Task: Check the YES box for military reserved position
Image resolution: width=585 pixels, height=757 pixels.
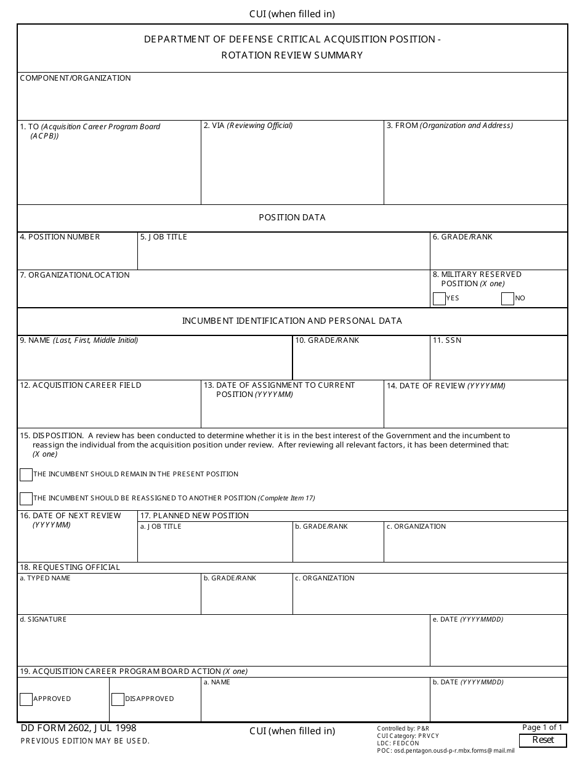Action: [x=439, y=299]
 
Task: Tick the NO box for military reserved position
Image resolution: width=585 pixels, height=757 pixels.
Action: [x=507, y=299]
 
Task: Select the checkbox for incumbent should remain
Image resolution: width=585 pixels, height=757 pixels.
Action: [x=26, y=475]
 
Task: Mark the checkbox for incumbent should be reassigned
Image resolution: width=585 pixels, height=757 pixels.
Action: [x=26, y=499]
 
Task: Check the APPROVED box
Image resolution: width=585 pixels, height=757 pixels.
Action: [x=26, y=699]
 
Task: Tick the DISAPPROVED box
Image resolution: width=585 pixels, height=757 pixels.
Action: [x=118, y=699]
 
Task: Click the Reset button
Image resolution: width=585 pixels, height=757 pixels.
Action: [x=543, y=740]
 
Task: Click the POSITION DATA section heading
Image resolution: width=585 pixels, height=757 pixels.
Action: [x=292, y=218]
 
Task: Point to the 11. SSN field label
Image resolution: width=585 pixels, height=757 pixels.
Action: [x=446, y=340]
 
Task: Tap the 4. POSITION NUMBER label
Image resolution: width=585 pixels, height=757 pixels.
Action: [x=60, y=237]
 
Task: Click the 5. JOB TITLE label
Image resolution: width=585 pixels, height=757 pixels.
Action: [x=163, y=237]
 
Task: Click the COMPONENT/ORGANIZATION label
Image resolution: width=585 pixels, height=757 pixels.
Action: [x=75, y=78]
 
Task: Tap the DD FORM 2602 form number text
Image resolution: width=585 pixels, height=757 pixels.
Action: [x=78, y=728]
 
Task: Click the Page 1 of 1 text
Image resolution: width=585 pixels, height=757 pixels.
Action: [x=542, y=727]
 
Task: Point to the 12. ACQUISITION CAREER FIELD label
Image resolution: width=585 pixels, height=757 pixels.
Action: [x=81, y=385]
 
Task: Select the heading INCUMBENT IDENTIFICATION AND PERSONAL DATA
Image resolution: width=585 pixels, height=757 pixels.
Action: [x=292, y=321]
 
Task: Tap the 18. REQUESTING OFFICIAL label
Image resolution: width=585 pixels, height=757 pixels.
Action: [x=70, y=567]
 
